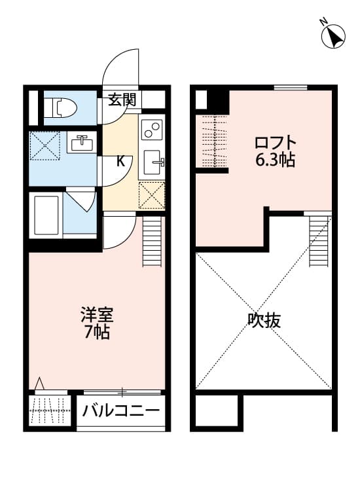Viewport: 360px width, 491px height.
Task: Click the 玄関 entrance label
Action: pyautogui.click(x=122, y=100)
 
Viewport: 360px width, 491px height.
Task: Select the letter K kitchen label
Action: pyautogui.click(x=120, y=161)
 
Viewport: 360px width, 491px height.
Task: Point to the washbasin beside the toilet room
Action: pyautogui.click(x=81, y=142)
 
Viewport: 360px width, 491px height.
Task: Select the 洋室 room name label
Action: pyautogui.click(x=97, y=315)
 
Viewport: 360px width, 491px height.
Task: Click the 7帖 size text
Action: pyautogui.click(x=97, y=333)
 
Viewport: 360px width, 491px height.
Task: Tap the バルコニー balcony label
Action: pyautogui.click(x=122, y=412)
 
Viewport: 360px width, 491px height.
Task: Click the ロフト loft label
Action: pyautogui.click(x=276, y=142)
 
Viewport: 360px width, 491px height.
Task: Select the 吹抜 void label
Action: pyautogui.click(x=264, y=321)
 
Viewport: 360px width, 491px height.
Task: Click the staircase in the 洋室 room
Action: pyautogui.click(x=151, y=242)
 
